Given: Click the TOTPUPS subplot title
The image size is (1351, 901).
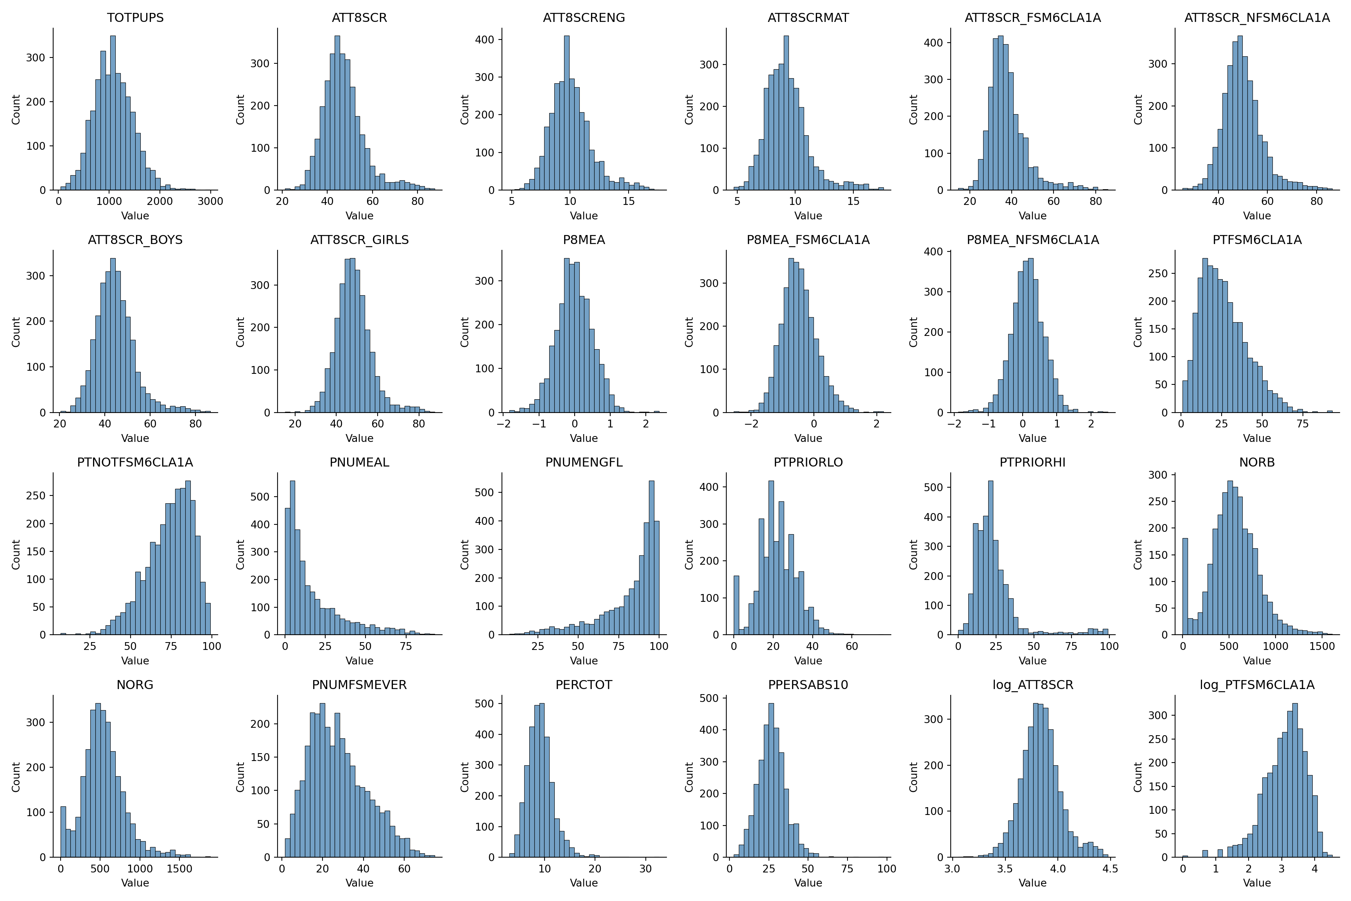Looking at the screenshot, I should coord(135,18).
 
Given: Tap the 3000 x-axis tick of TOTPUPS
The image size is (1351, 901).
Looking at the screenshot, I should coord(210,201).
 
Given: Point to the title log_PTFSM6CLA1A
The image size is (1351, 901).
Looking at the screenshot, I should coord(1257,685).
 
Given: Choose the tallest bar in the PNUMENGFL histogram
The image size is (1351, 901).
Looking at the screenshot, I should coord(651,557).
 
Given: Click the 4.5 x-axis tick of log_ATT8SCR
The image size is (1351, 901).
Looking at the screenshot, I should coord(1110,868).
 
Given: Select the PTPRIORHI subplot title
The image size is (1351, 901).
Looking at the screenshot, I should coord(1032,463).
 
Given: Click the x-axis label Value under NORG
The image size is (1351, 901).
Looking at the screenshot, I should coord(135,883).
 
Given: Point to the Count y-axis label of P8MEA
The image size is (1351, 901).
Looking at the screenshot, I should coord(465,332).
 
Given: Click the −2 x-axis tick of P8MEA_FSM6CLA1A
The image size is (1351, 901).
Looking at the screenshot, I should coord(751,424).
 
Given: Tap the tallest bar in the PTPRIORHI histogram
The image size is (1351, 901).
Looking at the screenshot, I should coord(990,557).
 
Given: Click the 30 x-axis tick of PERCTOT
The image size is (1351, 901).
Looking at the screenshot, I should coord(646,868).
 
